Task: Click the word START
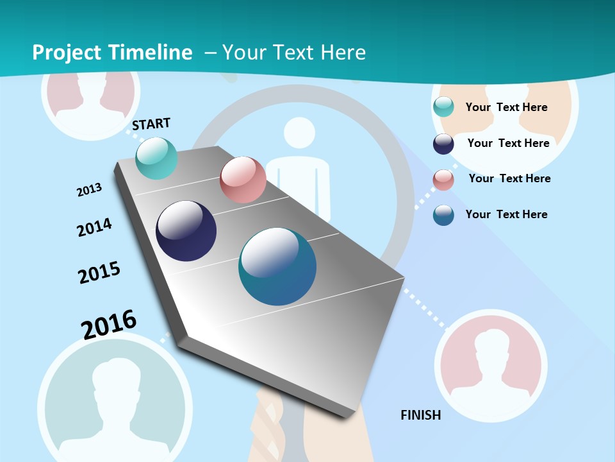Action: [x=151, y=124]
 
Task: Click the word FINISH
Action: [x=421, y=415]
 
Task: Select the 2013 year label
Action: [x=90, y=190]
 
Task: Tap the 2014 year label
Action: [x=94, y=227]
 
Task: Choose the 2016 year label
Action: [x=109, y=324]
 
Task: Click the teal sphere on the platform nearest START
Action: [x=157, y=158]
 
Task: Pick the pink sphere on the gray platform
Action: [x=243, y=180]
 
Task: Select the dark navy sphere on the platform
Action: [x=186, y=231]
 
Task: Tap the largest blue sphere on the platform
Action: [x=277, y=266]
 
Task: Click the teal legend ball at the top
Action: [x=443, y=107]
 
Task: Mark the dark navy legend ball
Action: [x=443, y=144]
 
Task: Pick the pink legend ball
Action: [x=443, y=180]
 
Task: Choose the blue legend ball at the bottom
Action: [x=443, y=215]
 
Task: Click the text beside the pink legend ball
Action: [x=509, y=178]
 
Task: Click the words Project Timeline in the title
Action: [x=112, y=53]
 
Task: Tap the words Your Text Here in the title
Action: [x=294, y=53]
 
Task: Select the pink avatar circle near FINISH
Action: [x=491, y=366]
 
